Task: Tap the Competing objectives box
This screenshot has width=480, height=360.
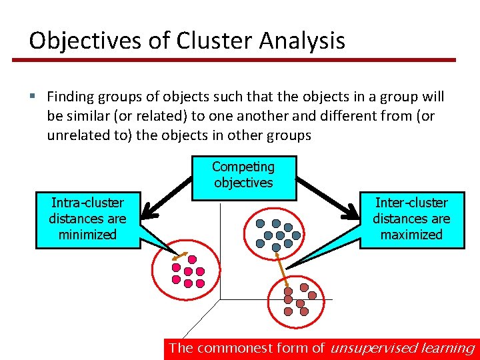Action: point(243,175)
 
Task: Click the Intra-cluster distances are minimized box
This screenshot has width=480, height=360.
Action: point(87,219)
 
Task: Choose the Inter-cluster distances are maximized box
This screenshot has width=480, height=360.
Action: point(411,219)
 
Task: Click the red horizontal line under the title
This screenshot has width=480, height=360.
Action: point(233,60)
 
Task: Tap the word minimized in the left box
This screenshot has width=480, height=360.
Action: point(87,235)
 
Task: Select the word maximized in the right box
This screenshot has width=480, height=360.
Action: point(411,235)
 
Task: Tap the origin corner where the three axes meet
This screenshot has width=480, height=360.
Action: point(220,299)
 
